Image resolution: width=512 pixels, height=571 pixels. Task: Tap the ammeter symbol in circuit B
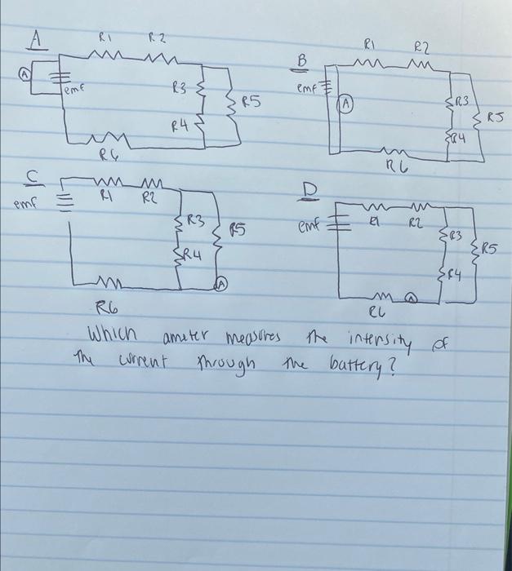coord(346,104)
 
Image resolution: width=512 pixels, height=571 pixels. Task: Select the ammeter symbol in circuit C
coord(220,283)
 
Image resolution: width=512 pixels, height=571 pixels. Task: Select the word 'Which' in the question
coord(114,337)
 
